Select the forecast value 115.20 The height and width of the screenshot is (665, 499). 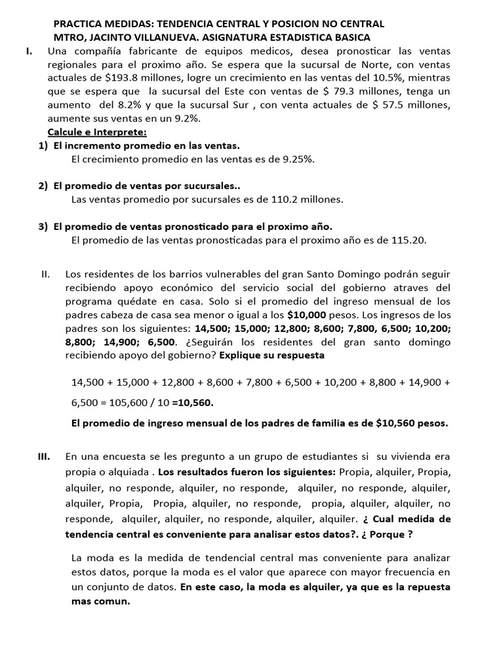(x=408, y=240)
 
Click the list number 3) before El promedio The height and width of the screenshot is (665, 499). (x=43, y=226)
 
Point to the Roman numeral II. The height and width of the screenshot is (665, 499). (x=45, y=274)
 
